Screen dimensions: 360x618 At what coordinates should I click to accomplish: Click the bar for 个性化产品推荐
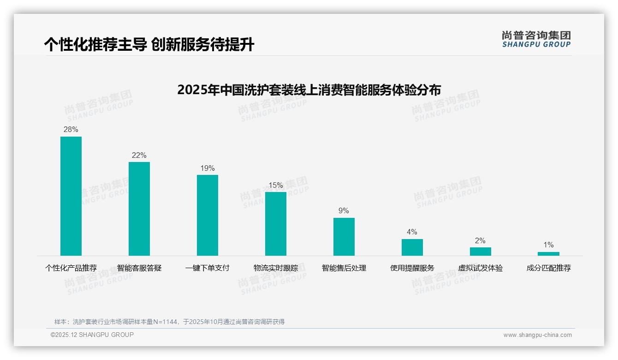(71, 196)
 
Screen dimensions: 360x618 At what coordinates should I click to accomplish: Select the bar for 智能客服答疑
(139, 209)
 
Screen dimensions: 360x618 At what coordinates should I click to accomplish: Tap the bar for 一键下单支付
(208, 215)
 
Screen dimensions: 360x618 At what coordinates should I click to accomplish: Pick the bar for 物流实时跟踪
(276, 223)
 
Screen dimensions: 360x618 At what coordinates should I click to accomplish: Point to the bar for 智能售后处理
(344, 236)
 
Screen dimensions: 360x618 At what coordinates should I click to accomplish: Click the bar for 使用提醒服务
(412, 247)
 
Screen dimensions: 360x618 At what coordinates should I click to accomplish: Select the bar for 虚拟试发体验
(481, 251)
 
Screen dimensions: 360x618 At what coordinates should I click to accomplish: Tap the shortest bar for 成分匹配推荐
(548, 253)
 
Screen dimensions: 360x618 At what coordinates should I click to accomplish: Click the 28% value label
(71, 130)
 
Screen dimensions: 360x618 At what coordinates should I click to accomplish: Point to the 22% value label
(139, 156)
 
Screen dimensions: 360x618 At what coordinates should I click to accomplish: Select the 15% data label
(276, 186)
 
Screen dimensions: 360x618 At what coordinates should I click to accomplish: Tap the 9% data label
(344, 211)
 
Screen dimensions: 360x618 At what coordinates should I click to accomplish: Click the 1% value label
(548, 245)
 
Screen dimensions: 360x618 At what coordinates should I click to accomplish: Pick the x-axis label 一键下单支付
(208, 268)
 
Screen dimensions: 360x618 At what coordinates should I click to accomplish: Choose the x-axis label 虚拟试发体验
(481, 268)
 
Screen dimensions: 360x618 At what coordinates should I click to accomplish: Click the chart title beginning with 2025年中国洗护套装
(309, 90)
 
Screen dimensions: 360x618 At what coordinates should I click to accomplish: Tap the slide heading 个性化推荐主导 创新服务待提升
(149, 45)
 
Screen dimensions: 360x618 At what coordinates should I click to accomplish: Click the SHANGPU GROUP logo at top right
(536, 39)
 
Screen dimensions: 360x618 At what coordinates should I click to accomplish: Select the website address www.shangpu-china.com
(537, 335)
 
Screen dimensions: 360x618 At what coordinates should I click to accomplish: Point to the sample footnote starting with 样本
(169, 322)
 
